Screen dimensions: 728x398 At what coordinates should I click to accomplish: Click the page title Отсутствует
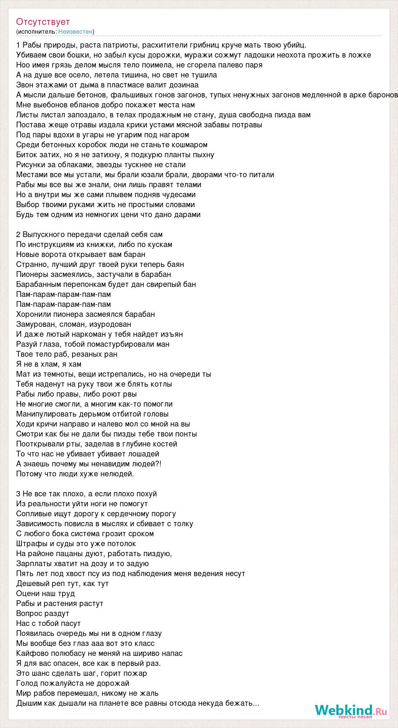point(43,22)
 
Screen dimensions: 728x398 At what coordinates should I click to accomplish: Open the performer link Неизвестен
point(76,31)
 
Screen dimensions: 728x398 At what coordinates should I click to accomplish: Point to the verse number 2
point(18,234)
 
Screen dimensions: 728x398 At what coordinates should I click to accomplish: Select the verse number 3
point(18,494)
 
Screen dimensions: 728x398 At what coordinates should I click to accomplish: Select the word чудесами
point(178,194)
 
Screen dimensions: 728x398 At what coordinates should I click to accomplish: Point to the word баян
point(176,264)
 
